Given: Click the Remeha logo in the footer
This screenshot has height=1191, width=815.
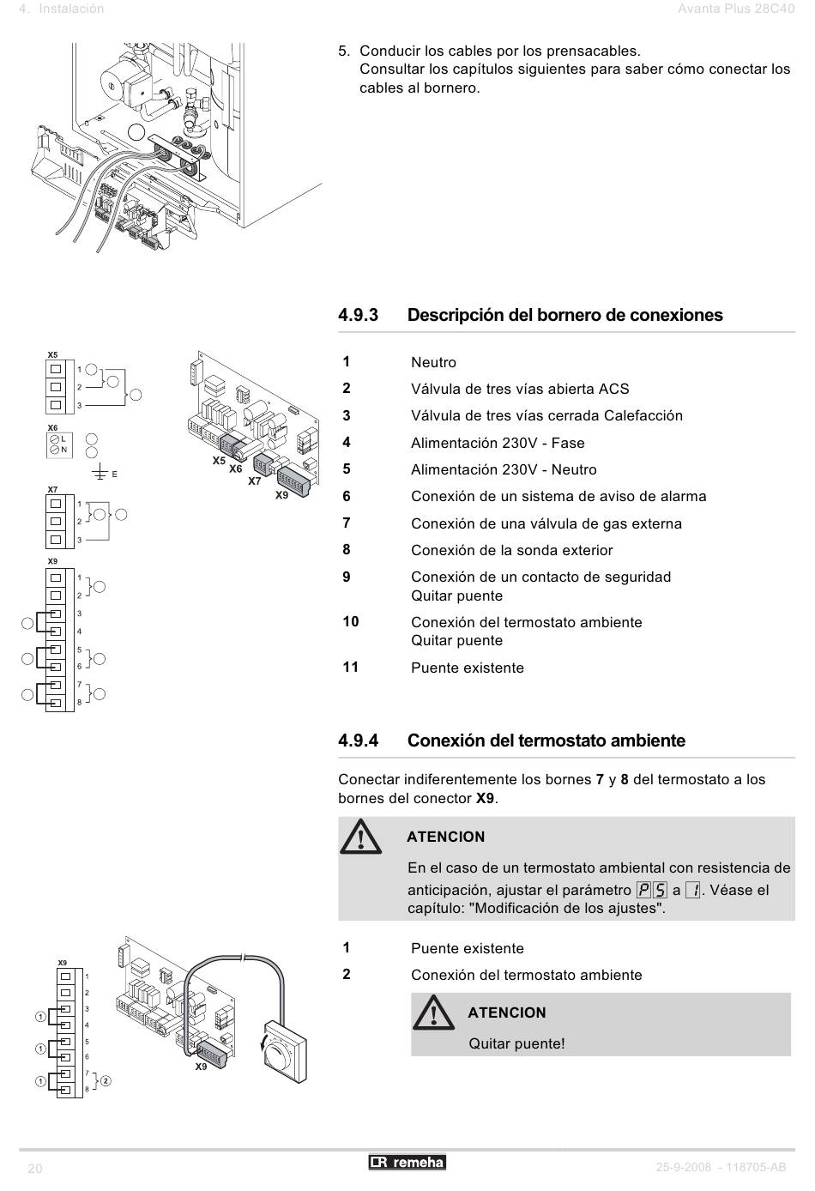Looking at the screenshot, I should (407, 1163).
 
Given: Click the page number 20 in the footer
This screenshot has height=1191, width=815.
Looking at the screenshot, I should (35, 1169).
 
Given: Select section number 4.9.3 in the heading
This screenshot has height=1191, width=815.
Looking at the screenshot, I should (359, 315).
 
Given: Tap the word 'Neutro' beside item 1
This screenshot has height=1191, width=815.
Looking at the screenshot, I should (433, 362).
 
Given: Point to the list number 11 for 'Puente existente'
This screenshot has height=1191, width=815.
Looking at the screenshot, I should (350, 667).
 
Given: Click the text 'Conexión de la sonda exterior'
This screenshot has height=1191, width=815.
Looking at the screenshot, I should (511, 550).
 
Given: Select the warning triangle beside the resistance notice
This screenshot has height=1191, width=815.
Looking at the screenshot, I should (360, 837).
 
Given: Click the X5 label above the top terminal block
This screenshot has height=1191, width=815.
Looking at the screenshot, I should (52, 354).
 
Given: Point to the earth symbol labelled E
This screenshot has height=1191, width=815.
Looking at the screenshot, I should (100, 473).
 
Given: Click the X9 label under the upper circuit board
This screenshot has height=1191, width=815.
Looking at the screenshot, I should (281, 495).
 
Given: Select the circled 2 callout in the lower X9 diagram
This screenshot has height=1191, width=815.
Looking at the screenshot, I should (106, 1080).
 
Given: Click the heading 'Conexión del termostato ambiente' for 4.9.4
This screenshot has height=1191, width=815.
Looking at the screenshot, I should (546, 741).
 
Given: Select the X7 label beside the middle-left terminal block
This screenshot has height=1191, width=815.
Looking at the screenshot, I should (52, 490).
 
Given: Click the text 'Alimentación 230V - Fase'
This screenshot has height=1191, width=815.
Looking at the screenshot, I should (498, 443).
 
